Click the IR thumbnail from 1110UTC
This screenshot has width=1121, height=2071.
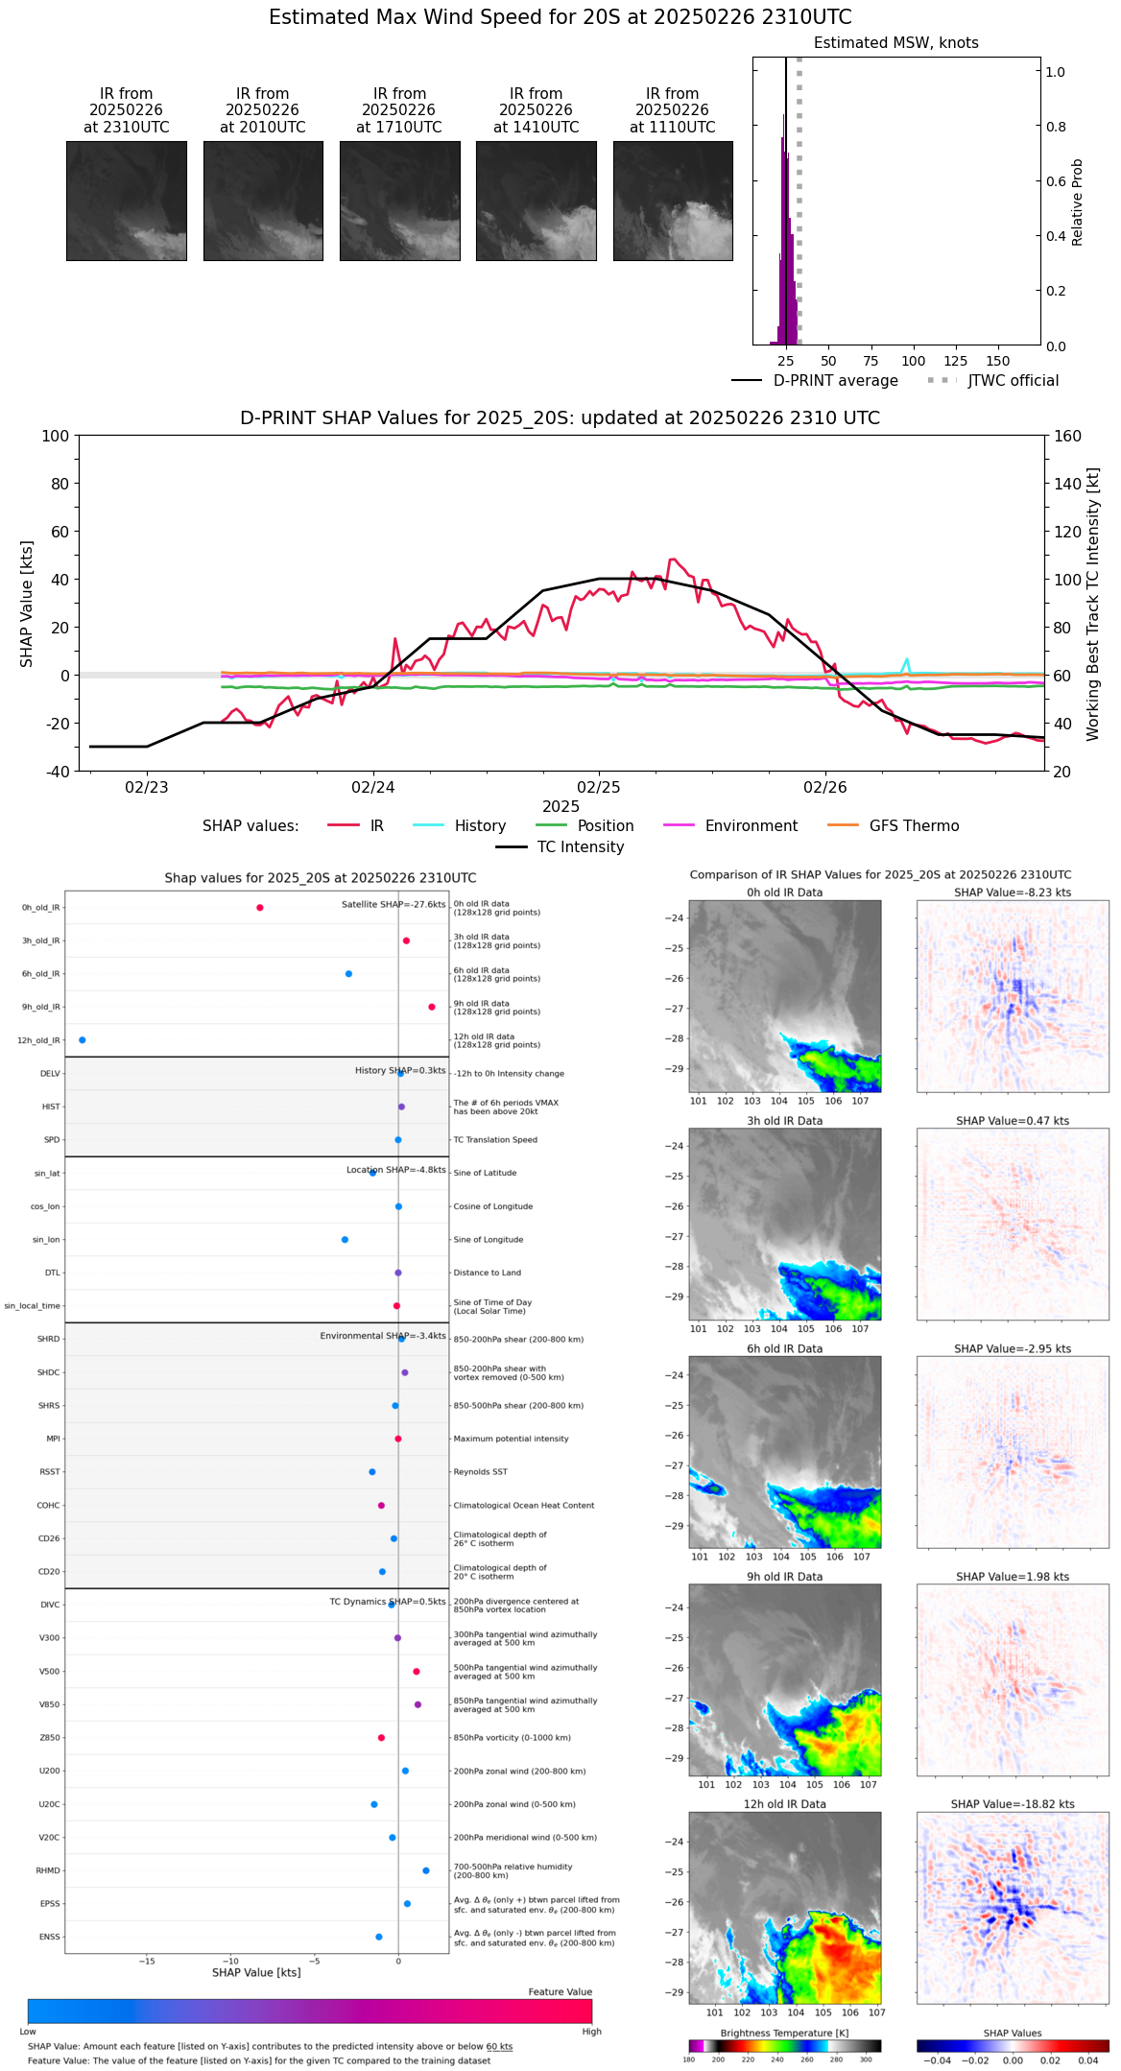[673, 201]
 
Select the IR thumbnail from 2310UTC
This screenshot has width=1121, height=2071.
[127, 201]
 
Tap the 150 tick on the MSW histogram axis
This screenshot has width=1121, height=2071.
[998, 361]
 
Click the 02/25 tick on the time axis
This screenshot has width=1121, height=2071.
[599, 788]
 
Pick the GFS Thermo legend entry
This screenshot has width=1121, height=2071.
[914, 826]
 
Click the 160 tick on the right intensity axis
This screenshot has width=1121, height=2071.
[1068, 436]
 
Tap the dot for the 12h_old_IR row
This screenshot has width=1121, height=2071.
[83, 1040]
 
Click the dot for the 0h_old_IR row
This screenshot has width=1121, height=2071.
[260, 908]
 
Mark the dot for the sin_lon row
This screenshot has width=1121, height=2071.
[345, 1240]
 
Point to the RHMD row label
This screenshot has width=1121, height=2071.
[48, 1870]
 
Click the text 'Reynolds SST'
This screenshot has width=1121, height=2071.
[480, 1472]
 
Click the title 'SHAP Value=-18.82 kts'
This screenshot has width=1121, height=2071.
[1013, 1804]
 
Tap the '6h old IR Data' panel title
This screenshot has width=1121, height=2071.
[784, 1348]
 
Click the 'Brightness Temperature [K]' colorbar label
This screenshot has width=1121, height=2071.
[784, 2033]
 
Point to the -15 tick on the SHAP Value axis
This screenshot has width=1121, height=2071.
[147, 1962]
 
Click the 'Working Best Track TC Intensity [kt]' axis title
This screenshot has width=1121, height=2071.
[1093, 604]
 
